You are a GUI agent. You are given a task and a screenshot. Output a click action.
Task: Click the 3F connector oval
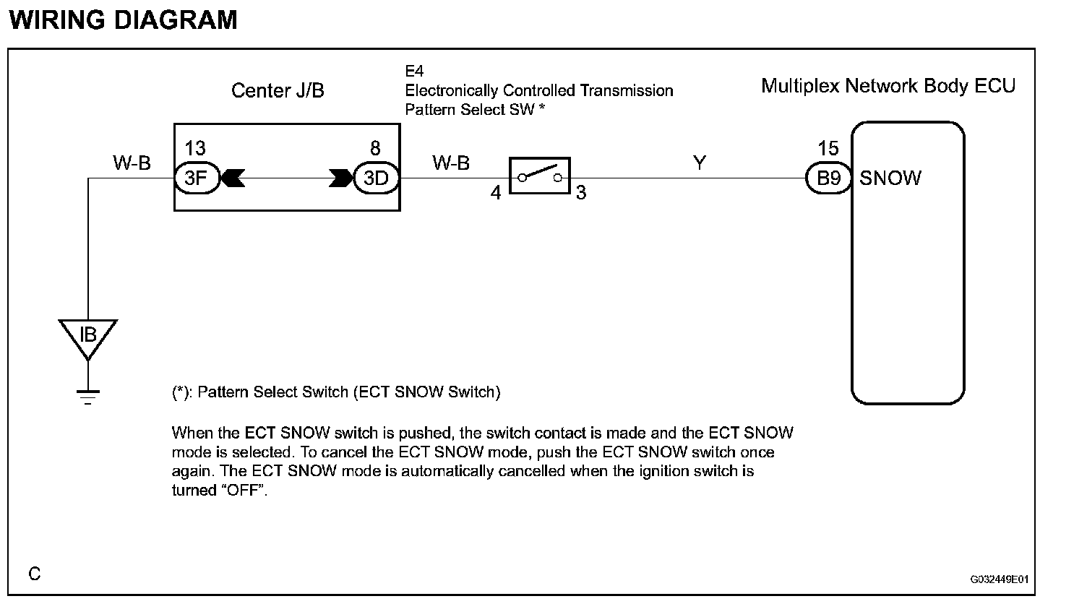tap(196, 178)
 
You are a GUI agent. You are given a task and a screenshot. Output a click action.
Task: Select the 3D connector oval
tap(376, 178)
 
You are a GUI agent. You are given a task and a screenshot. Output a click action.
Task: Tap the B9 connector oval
tap(828, 178)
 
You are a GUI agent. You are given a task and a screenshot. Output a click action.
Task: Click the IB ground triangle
tap(88, 337)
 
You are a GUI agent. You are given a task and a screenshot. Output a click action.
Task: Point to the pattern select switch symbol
tap(540, 176)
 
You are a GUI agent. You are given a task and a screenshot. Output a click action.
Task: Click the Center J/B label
tap(278, 90)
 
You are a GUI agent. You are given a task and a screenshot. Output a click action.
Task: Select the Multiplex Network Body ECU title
tap(888, 86)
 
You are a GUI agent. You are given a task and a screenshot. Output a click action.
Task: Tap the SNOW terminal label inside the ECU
tap(890, 178)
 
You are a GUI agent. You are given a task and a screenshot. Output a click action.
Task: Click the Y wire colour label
tap(699, 163)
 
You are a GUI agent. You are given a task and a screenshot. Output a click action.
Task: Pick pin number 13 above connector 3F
tap(195, 149)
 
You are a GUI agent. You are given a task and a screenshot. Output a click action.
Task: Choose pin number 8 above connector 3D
tap(376, 149)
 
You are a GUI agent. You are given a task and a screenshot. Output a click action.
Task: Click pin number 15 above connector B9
tap(828, 149)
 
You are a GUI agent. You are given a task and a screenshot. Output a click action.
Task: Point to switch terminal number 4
tap(496, 194)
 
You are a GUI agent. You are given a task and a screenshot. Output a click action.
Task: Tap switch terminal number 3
tap(581, 194)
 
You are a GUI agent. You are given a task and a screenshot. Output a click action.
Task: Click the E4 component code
tap(414, 71)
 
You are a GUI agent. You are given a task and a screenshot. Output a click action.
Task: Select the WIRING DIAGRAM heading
tap(124, 20)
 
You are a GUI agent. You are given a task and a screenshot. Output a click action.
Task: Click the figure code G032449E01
tap(1000, 579)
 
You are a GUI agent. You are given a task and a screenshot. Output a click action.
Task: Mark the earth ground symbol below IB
tap(88, 397)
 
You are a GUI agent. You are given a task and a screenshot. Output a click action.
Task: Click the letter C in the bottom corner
tap(35, 574)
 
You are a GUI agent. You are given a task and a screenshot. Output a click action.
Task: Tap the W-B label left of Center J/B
tap(132, 163)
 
